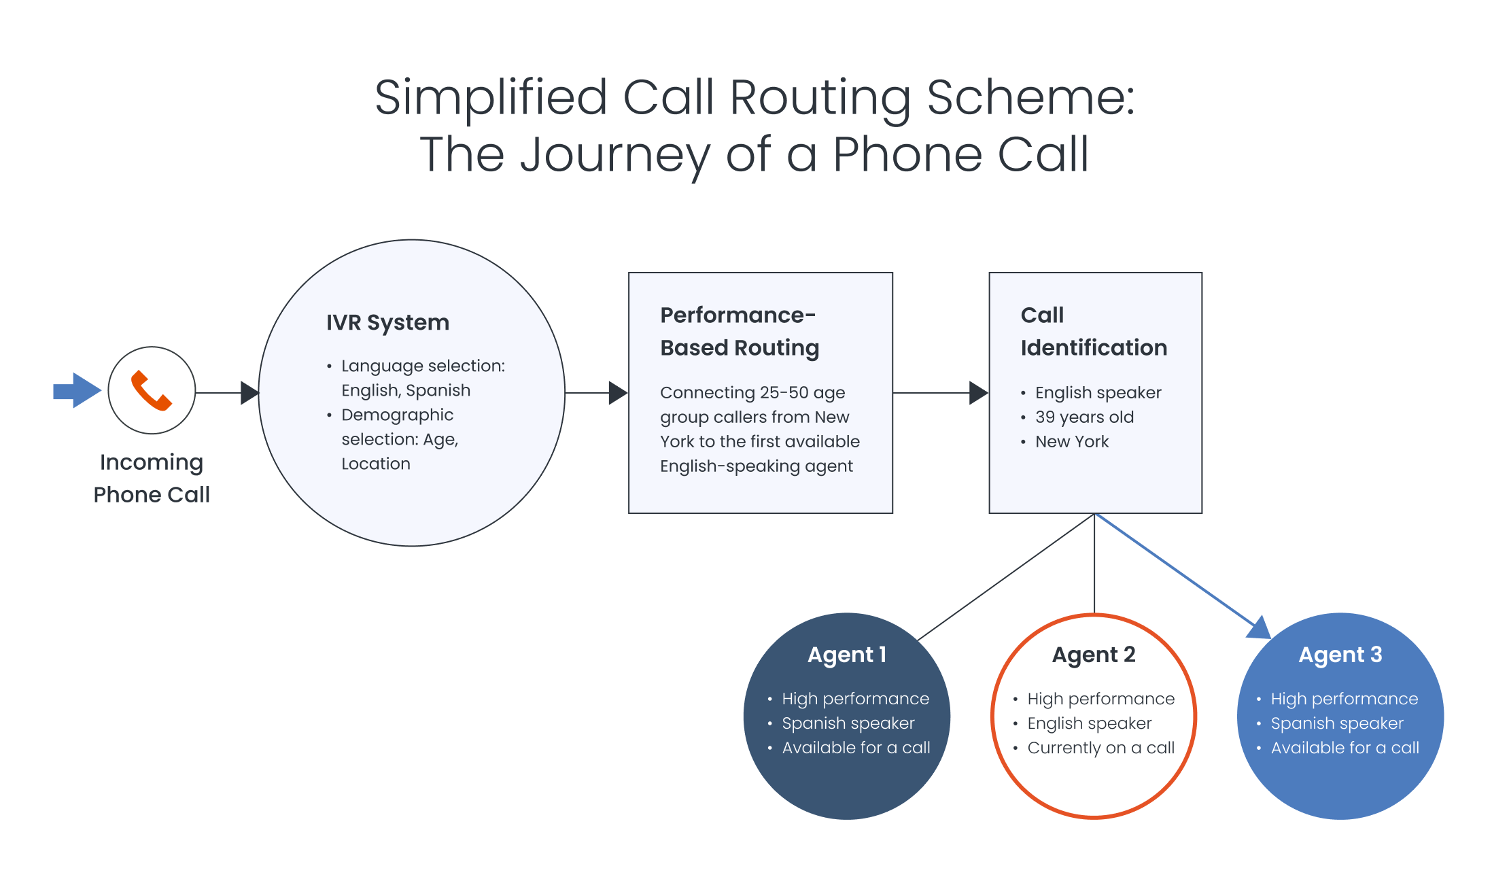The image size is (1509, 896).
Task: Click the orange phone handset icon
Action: point(151,391)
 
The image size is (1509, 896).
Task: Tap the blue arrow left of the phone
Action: point(76,390)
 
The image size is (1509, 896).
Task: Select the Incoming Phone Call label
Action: point(152,478)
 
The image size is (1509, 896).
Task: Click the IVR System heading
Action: point(387,322)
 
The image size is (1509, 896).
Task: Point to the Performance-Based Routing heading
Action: point(739,331)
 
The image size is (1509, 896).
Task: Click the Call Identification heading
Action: point(1093,331)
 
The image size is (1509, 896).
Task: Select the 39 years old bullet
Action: point(1084,417)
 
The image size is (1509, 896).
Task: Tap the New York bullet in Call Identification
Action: point(1071,441)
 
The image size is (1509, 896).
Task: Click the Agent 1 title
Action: point(846,654)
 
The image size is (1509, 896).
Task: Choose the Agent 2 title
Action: point(1093,654)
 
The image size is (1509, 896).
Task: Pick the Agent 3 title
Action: point(1340,654)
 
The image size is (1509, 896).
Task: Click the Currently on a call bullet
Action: point(1100,748)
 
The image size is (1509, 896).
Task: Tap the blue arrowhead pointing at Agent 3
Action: point(1260,629)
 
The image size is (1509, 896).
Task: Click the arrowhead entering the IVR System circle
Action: point(249,393)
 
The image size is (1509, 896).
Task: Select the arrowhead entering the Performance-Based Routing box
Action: point(617,393)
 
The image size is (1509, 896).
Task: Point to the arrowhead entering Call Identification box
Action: point(977,393)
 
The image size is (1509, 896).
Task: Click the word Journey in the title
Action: point(614,155)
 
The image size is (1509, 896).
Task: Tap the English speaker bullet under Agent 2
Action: point(1089,723)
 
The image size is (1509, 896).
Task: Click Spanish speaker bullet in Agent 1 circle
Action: point(848,723)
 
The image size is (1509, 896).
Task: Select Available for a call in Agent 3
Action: point(1345,748)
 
